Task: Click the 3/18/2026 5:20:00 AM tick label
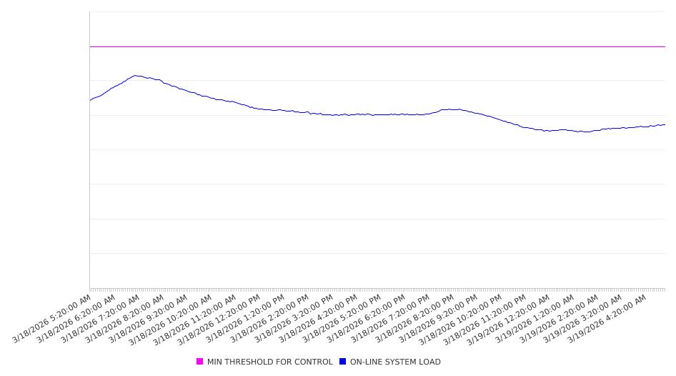point(52,318)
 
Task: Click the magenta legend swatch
point(200,362)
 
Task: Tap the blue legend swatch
point(343,362)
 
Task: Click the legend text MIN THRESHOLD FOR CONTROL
point(269,362)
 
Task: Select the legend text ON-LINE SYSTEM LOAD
point(395,362)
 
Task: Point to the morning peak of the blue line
point(136,76)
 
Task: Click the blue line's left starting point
point(90,100)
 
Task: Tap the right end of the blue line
point(665,124)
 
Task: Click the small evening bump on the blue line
point(450,109)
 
